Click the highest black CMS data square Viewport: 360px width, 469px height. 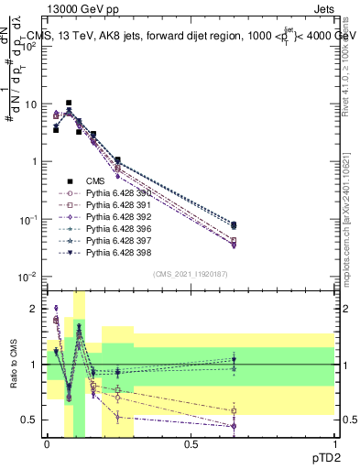[69, 104]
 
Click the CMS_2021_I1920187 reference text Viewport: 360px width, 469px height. [191, 273]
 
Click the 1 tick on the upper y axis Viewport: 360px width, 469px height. [33, 162]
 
